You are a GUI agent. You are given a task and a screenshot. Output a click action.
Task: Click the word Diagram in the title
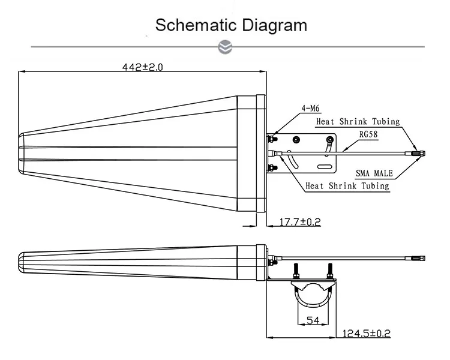click(275, 25)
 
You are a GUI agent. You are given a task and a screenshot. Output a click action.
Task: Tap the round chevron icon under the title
click(225, 47)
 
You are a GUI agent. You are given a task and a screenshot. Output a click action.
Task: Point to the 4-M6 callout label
click(310, 109)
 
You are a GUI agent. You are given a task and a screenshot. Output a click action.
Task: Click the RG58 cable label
click(368, 135)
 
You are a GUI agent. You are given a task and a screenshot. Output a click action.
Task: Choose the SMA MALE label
click(374, 173)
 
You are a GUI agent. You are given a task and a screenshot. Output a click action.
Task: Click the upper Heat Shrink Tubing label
click(358, 121)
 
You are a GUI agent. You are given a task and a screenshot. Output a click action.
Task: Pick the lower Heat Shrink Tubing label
click(347, 186)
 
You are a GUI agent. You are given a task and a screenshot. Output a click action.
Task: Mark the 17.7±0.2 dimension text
click(300, 222)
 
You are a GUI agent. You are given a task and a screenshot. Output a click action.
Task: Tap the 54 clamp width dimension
click(312, 320)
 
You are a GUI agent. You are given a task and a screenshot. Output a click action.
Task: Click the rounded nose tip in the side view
click(21, 260)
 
